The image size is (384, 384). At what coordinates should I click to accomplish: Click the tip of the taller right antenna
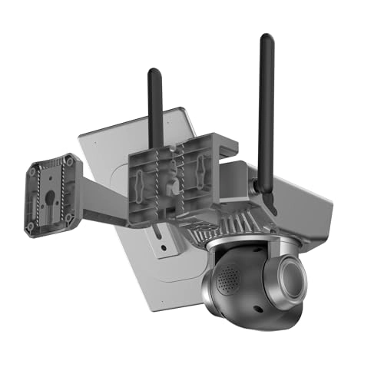(x=266, y=38)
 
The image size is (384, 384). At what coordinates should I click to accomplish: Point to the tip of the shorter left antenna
(x=154, y=72)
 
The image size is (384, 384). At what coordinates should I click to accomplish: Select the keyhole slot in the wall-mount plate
(x=50, y=195)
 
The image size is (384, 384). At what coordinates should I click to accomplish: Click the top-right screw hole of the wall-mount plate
(x=70, y=161)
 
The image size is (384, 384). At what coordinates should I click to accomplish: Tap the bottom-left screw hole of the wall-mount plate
(x=31, y=227)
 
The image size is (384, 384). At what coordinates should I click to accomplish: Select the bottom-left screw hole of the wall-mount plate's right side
(x=69, y=218)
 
